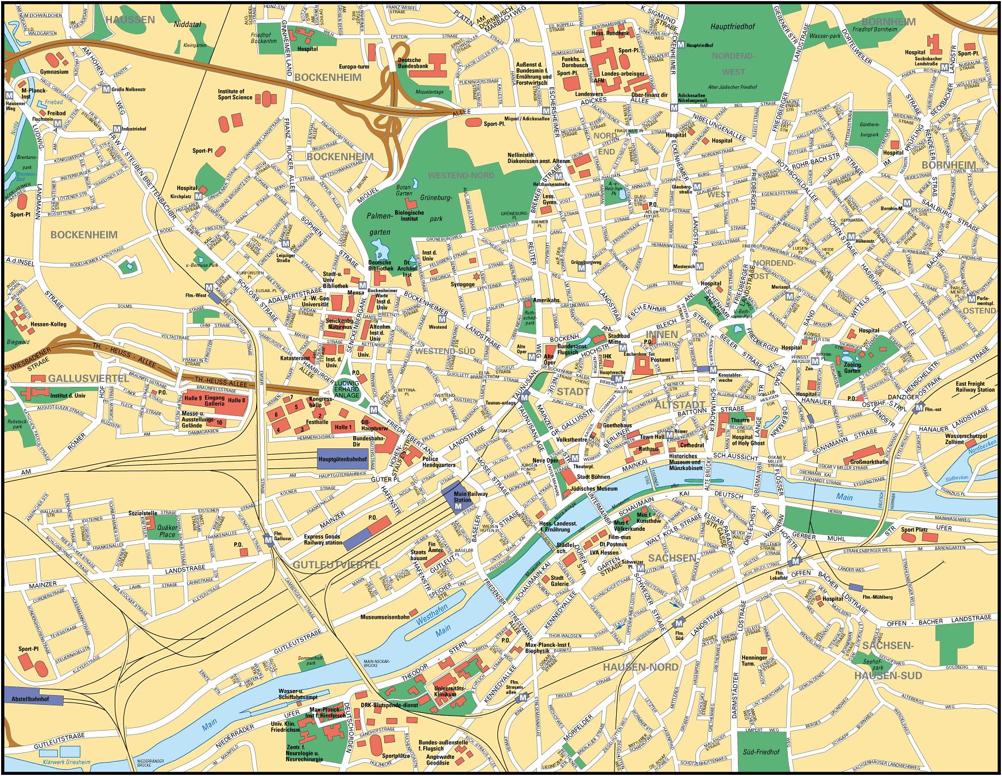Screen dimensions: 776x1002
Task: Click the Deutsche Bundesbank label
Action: [410, 64]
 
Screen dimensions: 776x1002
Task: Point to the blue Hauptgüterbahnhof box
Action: [342, 459]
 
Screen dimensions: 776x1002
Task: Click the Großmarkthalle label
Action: [869, 461]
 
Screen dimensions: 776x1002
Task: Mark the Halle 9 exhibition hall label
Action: [193, 397]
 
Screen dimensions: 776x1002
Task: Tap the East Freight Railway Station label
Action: [976, 387]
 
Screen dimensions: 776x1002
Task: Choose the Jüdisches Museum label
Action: [598, 488]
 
